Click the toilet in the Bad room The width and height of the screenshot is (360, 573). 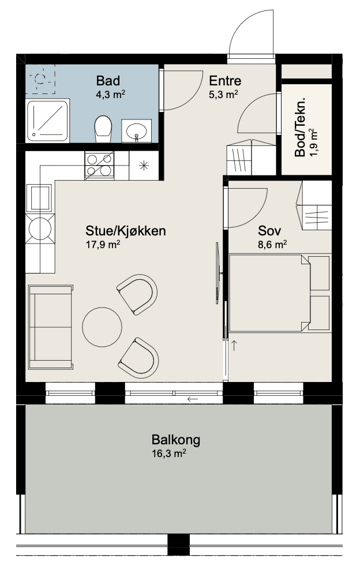pos(103,129)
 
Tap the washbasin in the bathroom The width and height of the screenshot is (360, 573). pos(136,131)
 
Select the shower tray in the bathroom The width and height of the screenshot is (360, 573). pos(47,121)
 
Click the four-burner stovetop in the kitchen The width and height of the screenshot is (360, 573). pos(99,166)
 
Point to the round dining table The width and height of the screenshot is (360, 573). pos(102,327)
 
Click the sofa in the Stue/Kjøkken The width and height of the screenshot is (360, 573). pos(50,327)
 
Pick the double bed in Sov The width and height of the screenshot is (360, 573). pos(280,293)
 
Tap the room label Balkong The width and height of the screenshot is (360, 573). pos(176,439)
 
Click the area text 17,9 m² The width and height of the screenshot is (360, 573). pos(103,245)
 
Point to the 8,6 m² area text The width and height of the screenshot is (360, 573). pos(272,245)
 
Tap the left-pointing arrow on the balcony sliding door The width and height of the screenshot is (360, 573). pos(193,399)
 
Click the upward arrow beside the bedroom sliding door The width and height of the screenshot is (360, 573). pos(234,345)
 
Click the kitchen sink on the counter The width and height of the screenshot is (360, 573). pos(39,199)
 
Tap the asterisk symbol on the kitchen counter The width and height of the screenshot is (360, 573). pos(144,166)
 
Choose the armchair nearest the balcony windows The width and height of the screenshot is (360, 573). pos(138,358)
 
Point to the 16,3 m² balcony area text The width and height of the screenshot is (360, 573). pos(169,454)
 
